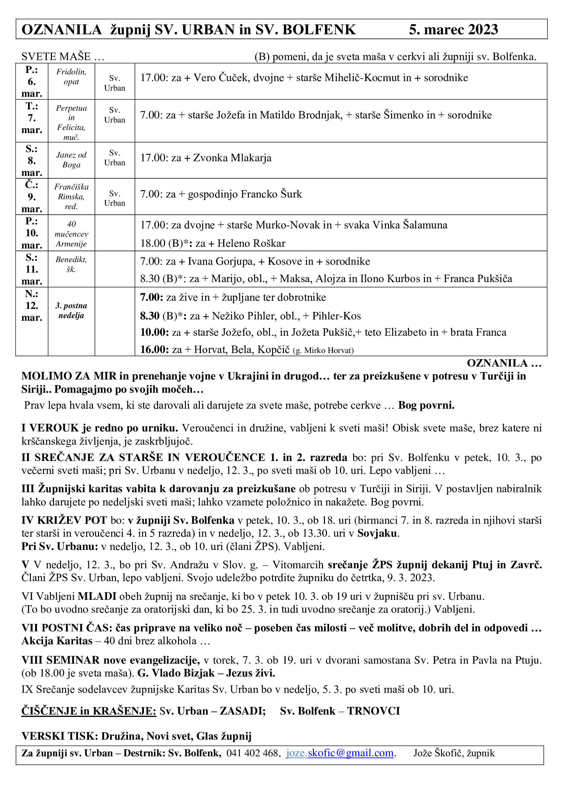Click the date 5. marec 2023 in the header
(453, 30)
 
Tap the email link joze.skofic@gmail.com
(340, 753)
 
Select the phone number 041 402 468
(253, 753)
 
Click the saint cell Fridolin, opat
(71, 77)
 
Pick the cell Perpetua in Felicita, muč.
(71, 123)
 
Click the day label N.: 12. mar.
(32, 306)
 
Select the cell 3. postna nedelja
(71, 311)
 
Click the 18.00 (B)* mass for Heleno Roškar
(212, 243)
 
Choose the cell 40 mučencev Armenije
(71, 234)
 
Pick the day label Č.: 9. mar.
(32, 197)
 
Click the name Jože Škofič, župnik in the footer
(454, 753)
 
